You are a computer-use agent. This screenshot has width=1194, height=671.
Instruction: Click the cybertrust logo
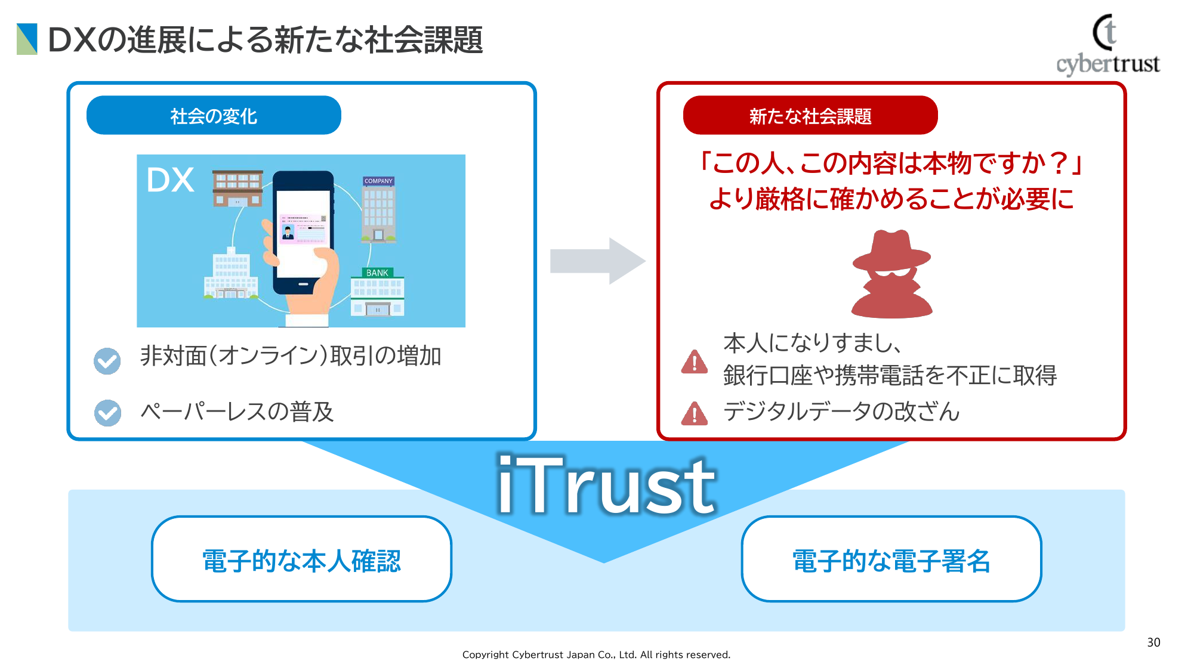pyautogui.click(x=1108, y=45)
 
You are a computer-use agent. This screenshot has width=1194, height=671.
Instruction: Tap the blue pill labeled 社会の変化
pyautogui.click(x=214, y=115)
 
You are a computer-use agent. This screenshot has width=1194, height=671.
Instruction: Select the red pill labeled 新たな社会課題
pyautogui.click(x=810, y=115)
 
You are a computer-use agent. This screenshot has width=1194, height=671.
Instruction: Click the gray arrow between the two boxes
pyautogui.click(x=597, y=261)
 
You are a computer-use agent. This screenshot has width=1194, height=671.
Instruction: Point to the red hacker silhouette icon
pyautogui.click(x=891, y=274)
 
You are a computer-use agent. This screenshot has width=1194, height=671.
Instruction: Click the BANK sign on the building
pyautogui.click(x=377, y=273)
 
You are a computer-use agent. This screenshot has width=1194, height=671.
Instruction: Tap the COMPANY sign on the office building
pyautogui.click(x=378, y=181)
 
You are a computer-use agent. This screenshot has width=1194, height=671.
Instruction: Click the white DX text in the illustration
pyautogui.click(x=171, y=180)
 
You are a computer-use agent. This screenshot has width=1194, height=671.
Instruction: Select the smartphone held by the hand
pyautogui.click(x=303, y=233)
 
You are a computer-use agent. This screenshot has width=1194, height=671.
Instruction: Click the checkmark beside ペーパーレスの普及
pyautogui.click(x=107, y=413)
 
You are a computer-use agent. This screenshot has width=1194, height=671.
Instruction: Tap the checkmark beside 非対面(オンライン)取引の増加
pyautogui.click(x=107, y=361)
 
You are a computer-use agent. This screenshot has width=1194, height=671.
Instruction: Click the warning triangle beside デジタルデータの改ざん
pyautogui.click(x=695, y=413)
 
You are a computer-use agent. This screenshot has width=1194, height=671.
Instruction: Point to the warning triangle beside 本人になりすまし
pyautogui.click(x=695, y=361)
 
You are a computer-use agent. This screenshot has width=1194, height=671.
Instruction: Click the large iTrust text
pyautogui.click(x=606, y=484)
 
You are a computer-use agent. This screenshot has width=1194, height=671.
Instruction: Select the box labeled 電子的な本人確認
pyautogui.click(x=301, y=559)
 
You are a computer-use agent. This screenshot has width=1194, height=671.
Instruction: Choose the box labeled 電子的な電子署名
pyautogui.click(x=891, y=559)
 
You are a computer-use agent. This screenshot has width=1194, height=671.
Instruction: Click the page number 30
pyautogui.click(x=1153, y=642)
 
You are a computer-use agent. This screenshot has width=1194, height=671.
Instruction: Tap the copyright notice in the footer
pyautogui.click(x=596, y=654)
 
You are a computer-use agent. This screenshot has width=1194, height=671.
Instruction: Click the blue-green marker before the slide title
pyautogui.click(x=27, y=39)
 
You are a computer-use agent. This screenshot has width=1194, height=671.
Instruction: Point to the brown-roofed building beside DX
pyautogui.click(x=237, y=188)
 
